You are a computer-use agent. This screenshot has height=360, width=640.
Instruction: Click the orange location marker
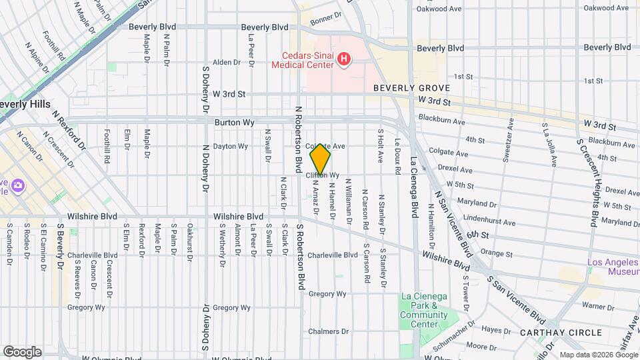320,159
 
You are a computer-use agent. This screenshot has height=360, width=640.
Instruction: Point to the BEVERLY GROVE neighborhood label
411,88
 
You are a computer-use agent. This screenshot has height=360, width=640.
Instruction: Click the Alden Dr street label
226,62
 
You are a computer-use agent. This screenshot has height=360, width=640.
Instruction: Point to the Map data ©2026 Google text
598,355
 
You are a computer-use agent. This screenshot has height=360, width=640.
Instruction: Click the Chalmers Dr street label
325,331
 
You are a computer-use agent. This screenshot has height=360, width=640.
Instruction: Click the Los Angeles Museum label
613,267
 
